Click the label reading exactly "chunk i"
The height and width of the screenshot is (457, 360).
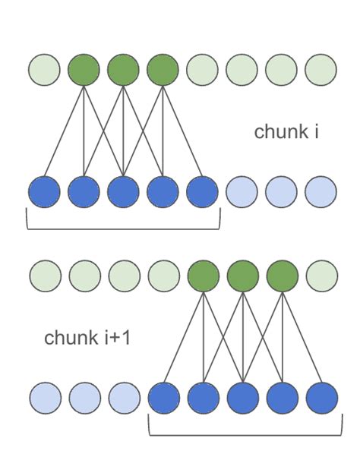[286, 132]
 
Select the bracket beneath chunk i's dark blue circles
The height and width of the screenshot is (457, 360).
[123, 226]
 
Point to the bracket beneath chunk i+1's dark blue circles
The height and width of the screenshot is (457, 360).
[242, 433]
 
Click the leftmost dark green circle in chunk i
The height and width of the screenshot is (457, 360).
[84, 70]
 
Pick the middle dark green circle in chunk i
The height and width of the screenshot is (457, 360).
[123, 70]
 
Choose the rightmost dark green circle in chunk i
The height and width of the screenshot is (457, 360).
[163, 70]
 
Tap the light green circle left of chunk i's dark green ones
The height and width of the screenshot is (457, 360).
[44, 70]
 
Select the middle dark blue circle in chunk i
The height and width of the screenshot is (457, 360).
[123, 191]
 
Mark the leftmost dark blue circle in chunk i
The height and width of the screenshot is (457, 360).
[44, 191]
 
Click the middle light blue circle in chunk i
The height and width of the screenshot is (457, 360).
[281, 191]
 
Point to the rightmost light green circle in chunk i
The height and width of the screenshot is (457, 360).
[321, 70]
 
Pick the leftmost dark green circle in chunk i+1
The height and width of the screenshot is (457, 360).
[203, 276]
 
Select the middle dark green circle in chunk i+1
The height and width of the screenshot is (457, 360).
[242, 276]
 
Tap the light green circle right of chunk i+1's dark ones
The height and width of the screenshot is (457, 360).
[321, 276]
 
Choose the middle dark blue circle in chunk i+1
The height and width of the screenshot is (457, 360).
[242, 397]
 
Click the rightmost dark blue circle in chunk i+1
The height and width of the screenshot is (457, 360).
[321, 397]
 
